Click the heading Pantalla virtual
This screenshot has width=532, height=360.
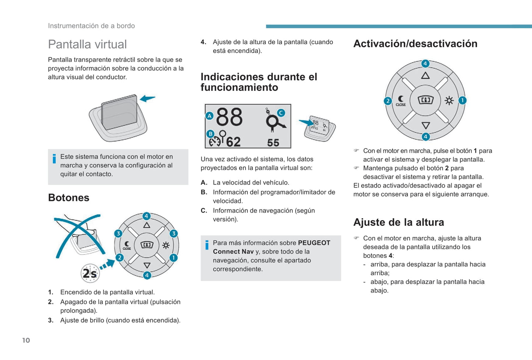pyautogui.click(x=87, y=44)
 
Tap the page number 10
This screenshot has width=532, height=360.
pyautogui.click(x=26, y=340)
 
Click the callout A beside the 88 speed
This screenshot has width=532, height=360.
pyautogui.click(x=209, y=116)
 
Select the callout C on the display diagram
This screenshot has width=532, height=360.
pyautogui.click(x=281, y=113)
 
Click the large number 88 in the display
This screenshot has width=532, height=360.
pyautogui.click(x=229, y=117)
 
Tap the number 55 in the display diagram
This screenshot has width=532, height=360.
pyautogui.click(x=273, y=143)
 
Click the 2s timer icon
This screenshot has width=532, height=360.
pyautogui.click(x=90, y=273)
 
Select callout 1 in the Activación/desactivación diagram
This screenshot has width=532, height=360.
pyautogui.click(x=462, y=100)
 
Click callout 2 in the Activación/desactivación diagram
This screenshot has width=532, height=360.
pyautogui.click(x=388, y=101)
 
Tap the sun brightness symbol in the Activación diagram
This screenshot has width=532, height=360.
pyautogui.click(x=449, y=101)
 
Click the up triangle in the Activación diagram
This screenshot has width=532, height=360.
pyautogui.click(x=425, y=76)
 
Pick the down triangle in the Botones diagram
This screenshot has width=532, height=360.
pyautogui.click(x=147, y=265)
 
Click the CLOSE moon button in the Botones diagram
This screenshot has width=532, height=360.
pyautogui.click(x=127, y=245)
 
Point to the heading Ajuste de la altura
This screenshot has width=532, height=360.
pyautogui.click(x=398, y=222)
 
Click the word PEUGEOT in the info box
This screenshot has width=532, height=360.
pyautogui.click(x=314, y=243)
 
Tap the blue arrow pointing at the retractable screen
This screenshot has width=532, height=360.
pyautogui.click(x=148, y=98)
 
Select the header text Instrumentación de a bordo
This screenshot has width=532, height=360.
pyautogui.click(x=91, y=26)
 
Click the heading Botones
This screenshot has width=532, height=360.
pyautogui.click(x=68, y=198)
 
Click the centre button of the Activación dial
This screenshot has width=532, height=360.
pyautogui.click(x=425, y=100)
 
